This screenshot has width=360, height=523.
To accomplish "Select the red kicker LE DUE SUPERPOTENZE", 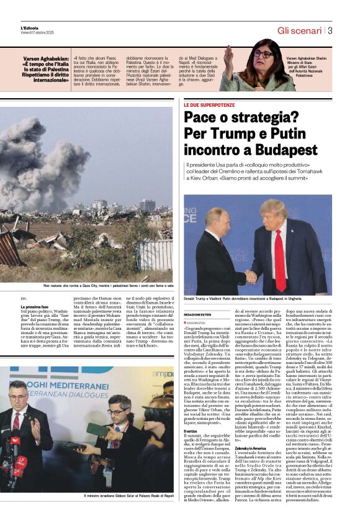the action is click(213, 106).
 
